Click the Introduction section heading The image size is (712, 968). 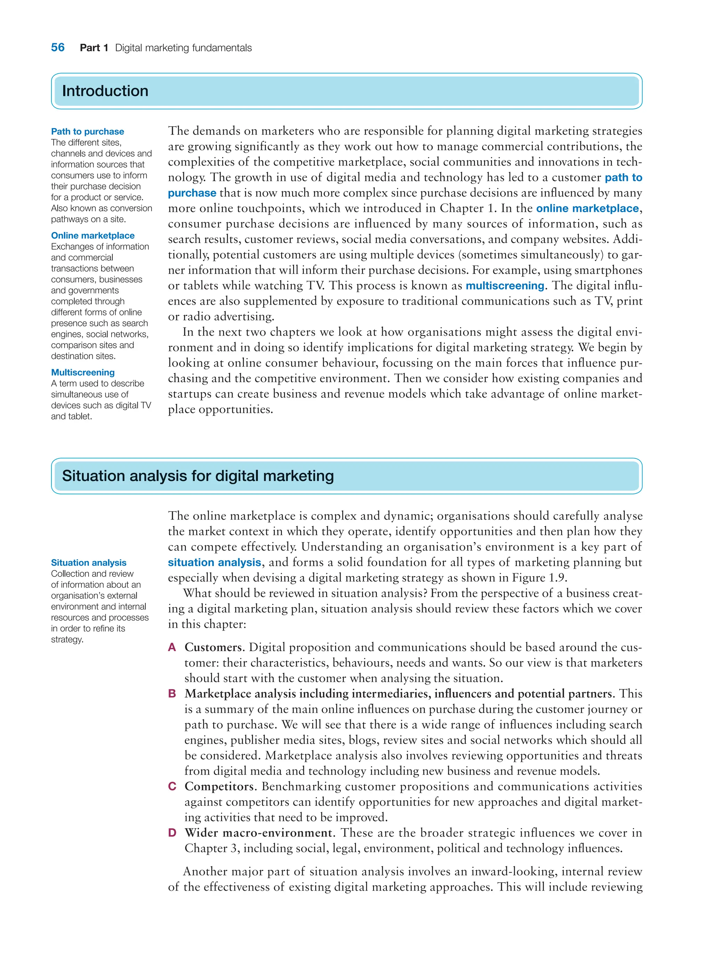click(105, 91)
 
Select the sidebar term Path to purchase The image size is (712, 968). click(88, 131)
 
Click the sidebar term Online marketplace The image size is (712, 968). click(93, 235)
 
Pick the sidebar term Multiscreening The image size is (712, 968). click(83, 372)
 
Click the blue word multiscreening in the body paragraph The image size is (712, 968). click(505, 286)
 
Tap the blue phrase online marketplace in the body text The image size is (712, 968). click(587, 209)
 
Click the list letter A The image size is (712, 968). click(172, 647)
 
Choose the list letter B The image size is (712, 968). click(172, 693)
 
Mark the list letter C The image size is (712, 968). click(172, 786)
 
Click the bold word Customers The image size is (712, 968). click(213, 647)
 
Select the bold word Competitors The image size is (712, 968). click(219, 786)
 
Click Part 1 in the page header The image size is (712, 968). click(94, 48)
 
